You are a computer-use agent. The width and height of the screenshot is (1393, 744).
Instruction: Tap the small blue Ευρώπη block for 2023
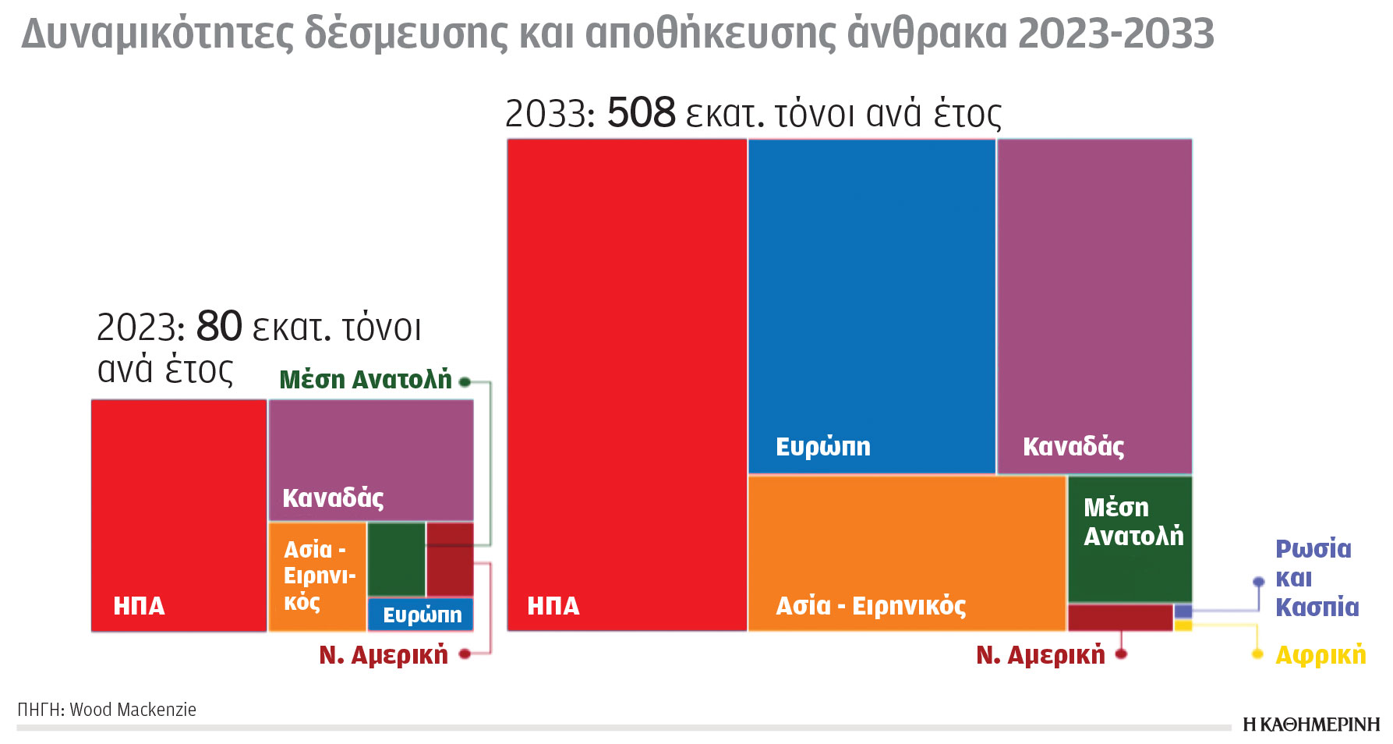420,615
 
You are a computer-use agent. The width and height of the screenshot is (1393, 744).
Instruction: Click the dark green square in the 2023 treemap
396,559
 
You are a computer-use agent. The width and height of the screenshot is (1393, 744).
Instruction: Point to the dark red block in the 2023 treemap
450,559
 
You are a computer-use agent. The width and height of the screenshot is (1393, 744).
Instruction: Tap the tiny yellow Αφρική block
1183,625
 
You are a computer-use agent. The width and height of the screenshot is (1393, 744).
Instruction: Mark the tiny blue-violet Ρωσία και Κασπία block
1183,611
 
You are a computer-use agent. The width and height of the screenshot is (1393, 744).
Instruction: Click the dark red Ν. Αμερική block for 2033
1120,618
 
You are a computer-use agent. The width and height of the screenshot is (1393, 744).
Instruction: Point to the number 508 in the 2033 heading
641,113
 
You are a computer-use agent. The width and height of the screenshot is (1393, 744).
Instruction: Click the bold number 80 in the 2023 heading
219,327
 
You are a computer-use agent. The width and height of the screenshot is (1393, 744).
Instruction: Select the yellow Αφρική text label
1320,655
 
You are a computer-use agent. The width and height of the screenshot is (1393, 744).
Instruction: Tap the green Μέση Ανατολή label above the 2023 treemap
366,380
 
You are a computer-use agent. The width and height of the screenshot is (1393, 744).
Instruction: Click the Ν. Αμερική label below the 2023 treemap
384,655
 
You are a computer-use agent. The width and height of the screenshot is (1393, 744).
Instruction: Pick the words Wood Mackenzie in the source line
133,710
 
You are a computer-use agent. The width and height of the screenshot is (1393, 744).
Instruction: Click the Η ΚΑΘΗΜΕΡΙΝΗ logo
1311,725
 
